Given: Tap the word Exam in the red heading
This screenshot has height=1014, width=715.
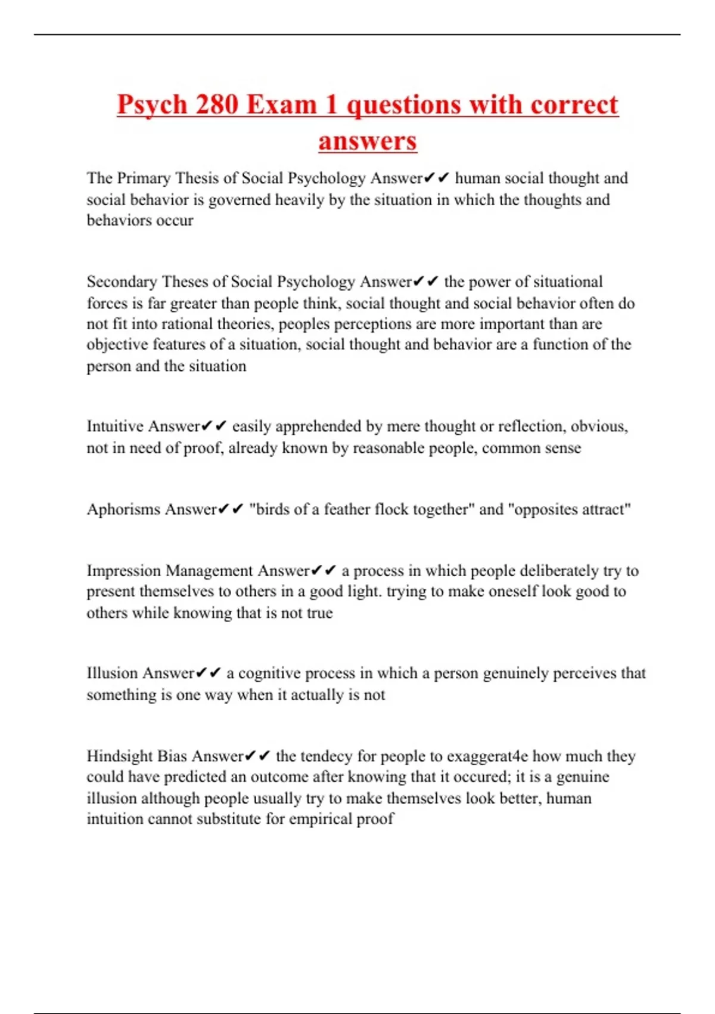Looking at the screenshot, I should click(281, 105).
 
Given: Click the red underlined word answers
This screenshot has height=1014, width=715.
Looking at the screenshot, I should click(368, 141).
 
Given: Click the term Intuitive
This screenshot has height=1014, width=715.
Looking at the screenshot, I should click(115, 426).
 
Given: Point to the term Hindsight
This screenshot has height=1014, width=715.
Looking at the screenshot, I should click(119, 756).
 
